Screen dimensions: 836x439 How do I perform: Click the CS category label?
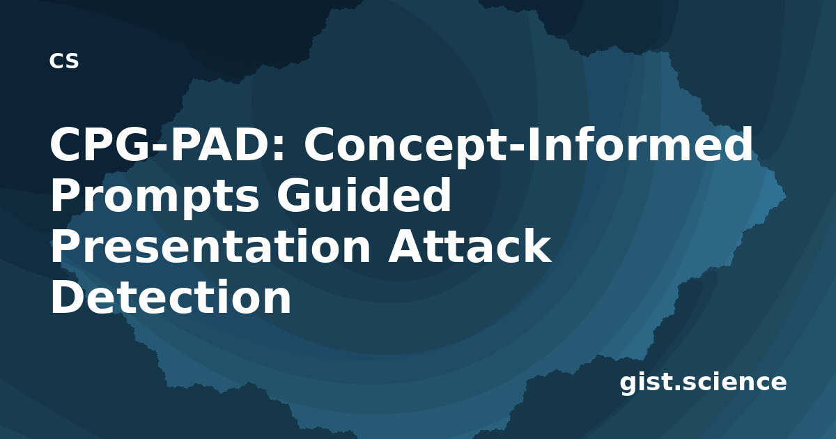pos(64,61)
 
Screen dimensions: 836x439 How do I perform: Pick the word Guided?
pos(364,195)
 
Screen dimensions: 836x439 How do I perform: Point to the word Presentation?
pos(210,247)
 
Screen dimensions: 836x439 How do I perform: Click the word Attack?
pos(470,245)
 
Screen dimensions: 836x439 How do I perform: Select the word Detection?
pos(171,297)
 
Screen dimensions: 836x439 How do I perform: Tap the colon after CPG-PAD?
pos(279,149)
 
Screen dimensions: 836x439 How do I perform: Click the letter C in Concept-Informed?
pos(321,144)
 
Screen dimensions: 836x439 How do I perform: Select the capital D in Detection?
pos(68,297)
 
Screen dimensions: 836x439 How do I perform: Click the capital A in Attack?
pos(408,246)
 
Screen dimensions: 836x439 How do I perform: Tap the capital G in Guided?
pos(295,195)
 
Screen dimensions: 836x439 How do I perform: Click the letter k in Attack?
pos(536,245)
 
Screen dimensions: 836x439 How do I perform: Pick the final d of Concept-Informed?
pos(738,144)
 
